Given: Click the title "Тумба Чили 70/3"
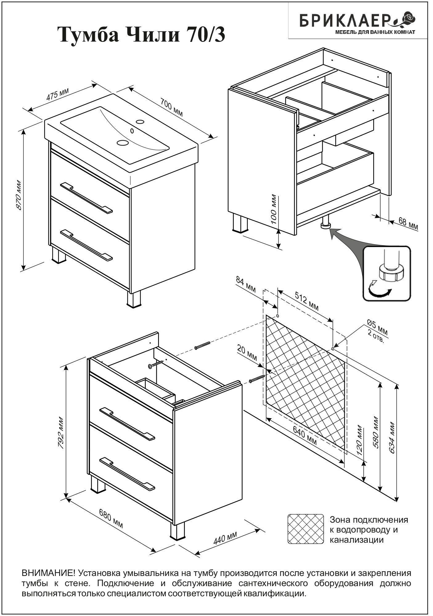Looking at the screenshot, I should pos(141,35).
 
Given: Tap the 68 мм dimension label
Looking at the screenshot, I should pos(408,224).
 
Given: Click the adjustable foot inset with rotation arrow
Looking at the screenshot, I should pos(387,274).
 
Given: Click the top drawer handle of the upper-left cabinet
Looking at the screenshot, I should pos(87,198).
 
